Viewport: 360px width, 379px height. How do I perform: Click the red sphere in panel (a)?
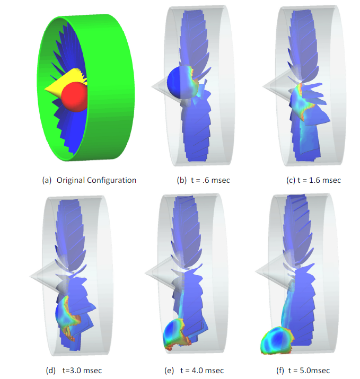click(x=74, y=97)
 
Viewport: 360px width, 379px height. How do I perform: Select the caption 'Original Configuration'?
click(x=96, y=180)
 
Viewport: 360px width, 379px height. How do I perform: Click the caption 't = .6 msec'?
click(x=210, y=180)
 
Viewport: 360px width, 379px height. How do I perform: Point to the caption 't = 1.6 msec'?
click(x=319, y=180)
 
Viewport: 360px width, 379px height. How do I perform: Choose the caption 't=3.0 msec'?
click(x=82, y=371)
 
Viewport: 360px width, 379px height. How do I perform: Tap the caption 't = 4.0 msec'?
click(x=202, y=371)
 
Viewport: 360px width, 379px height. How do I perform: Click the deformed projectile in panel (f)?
click(x=277, y=340)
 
